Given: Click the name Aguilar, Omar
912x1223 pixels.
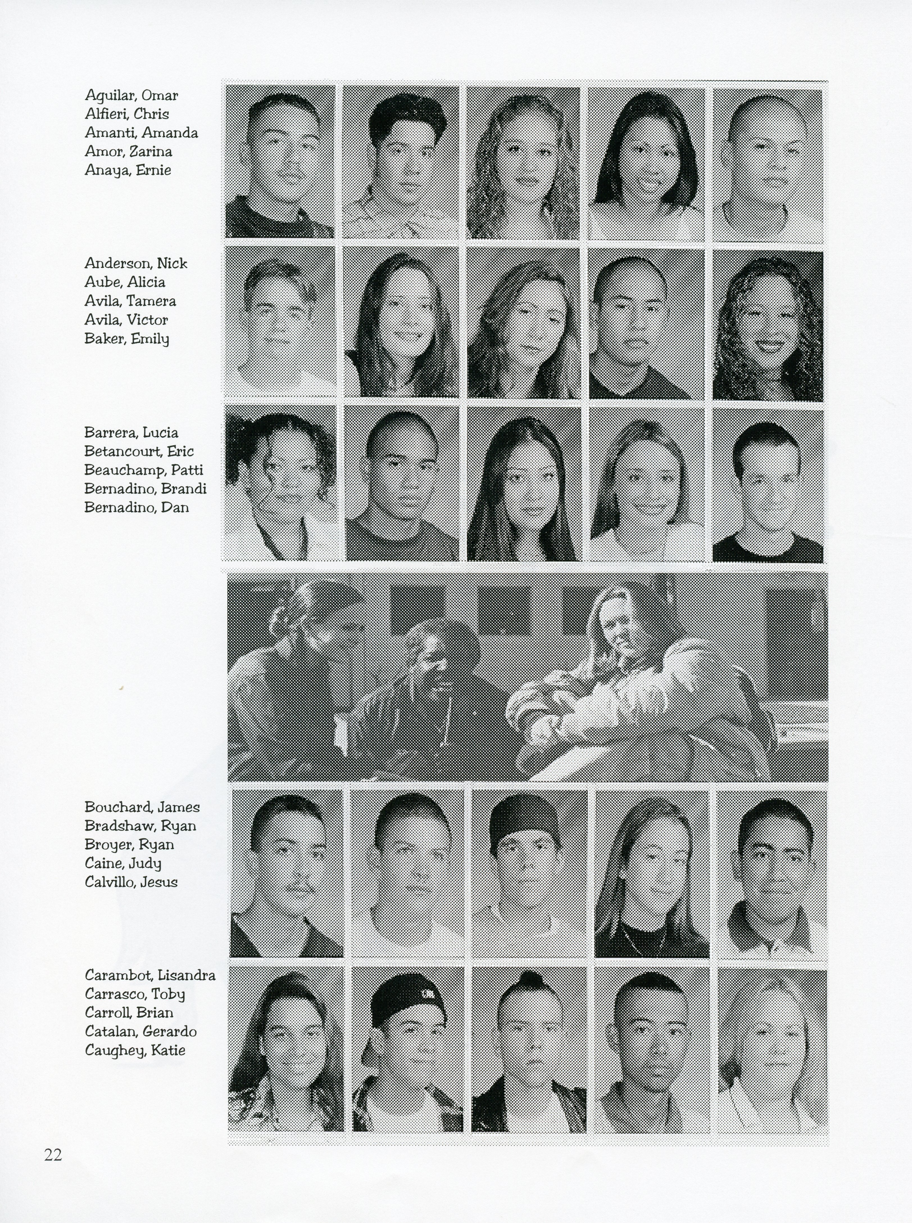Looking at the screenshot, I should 131,95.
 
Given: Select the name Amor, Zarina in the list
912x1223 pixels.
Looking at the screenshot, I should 128,151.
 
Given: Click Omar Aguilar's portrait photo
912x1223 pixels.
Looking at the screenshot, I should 280,161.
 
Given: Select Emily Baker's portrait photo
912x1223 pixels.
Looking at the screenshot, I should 767,325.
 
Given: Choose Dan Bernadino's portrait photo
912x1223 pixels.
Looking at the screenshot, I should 767,485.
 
